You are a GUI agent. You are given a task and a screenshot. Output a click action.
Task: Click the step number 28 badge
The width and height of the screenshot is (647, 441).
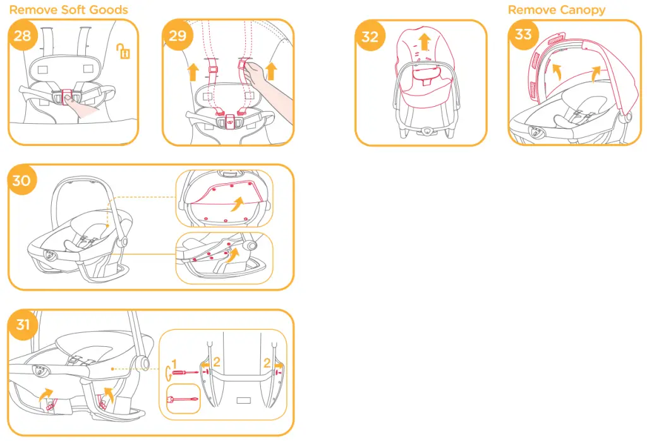pos(22,35)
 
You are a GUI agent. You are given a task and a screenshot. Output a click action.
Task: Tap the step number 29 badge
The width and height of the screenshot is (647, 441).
pos(178,35)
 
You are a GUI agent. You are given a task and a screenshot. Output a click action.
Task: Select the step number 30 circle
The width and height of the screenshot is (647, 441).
pos(21,180)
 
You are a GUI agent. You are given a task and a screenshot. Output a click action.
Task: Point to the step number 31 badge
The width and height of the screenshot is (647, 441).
pos(23,325)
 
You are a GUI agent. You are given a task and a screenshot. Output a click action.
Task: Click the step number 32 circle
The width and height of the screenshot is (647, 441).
pos(370,36)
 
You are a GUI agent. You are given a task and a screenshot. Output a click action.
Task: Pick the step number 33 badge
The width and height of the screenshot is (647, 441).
pos(523,34)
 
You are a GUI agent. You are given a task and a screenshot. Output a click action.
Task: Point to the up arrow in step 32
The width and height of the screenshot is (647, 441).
pos(425,42)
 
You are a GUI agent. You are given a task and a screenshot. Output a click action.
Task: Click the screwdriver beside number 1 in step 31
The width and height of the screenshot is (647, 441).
pos(184,372)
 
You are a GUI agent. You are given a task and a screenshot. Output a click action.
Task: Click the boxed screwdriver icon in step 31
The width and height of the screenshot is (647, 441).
pos(182,399)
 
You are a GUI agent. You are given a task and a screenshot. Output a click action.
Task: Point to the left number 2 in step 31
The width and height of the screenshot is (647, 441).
pos(216,362)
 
